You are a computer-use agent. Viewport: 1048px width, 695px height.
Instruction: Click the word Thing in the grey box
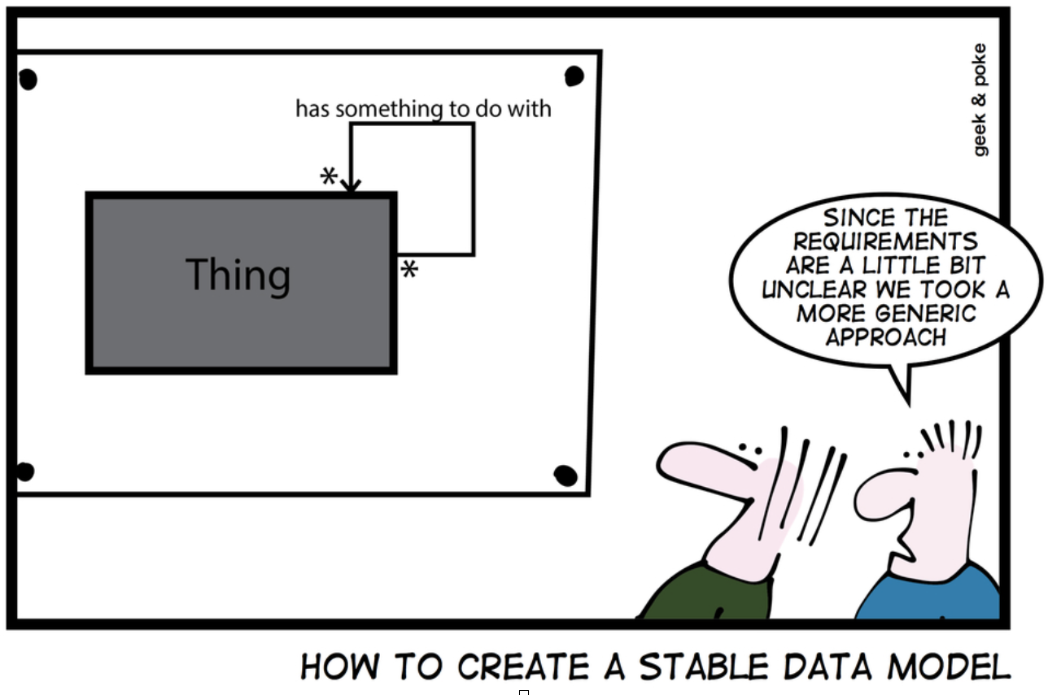pos(238,275)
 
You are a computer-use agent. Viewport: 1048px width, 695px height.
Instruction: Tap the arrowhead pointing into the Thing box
pos(350,186)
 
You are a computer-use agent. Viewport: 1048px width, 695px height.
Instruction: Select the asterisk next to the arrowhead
pos(328,176)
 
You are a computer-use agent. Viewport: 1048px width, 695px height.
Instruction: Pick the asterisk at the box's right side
pos(409,270)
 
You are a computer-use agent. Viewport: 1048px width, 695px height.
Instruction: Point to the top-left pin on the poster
pos(28,79)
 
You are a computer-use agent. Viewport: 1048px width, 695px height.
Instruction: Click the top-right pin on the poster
pos(574,76)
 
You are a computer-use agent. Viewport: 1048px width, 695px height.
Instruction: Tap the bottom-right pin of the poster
pos(565,475)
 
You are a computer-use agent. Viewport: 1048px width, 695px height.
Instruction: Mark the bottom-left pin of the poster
pos(25,471)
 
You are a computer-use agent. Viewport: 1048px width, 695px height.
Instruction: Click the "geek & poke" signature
pos(980,100)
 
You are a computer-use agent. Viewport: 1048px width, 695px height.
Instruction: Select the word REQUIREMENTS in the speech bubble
pos(885,241)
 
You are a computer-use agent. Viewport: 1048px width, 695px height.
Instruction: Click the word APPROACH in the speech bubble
pos(886,337)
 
